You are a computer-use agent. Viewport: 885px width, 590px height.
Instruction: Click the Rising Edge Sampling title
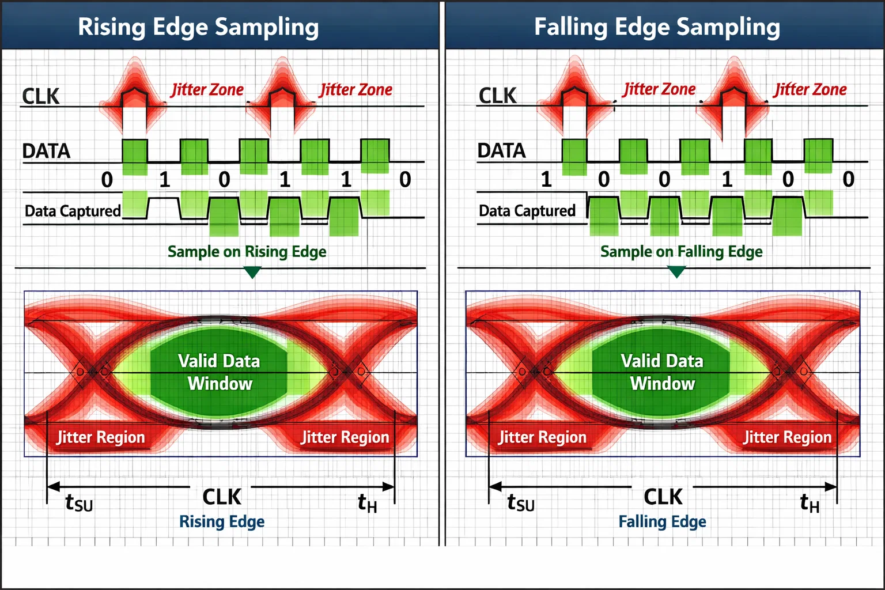[198, 27]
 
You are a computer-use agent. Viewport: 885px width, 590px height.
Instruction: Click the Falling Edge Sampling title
[657, 27]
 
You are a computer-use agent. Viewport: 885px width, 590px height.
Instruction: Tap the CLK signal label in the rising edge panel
[40, 96]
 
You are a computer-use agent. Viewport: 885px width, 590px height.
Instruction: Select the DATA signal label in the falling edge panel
[501, 151]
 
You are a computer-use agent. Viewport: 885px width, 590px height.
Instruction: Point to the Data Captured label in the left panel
[73, 211]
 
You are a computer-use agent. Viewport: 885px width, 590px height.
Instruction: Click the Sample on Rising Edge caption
[247, 252]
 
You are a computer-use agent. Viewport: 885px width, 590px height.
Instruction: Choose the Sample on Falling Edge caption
[681, 252]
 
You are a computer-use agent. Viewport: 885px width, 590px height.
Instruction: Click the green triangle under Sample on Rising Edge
[252, 272]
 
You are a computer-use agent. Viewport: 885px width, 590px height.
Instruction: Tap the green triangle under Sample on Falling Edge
[676, 271]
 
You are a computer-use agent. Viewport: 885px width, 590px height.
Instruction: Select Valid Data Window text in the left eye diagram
[219, 372]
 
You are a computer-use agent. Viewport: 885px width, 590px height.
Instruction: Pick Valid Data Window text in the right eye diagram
[662, 372]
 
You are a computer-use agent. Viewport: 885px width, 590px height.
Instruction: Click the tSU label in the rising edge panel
[79, 503]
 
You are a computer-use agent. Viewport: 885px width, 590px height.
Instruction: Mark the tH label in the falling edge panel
[810, 503]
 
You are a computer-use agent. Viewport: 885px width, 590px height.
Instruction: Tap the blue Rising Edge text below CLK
[222, 521]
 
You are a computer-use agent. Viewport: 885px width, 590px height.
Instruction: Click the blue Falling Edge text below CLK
[662, 521]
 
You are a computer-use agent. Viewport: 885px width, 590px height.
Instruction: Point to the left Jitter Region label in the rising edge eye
[101, 437]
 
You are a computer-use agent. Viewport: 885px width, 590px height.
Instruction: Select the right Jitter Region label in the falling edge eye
[787, 437]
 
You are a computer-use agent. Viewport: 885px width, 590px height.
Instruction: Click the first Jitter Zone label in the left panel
[207, 90]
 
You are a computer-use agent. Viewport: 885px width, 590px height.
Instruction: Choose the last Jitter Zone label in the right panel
[810, 89]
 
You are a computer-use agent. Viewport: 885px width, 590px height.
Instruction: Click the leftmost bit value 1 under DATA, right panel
[546, 179]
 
